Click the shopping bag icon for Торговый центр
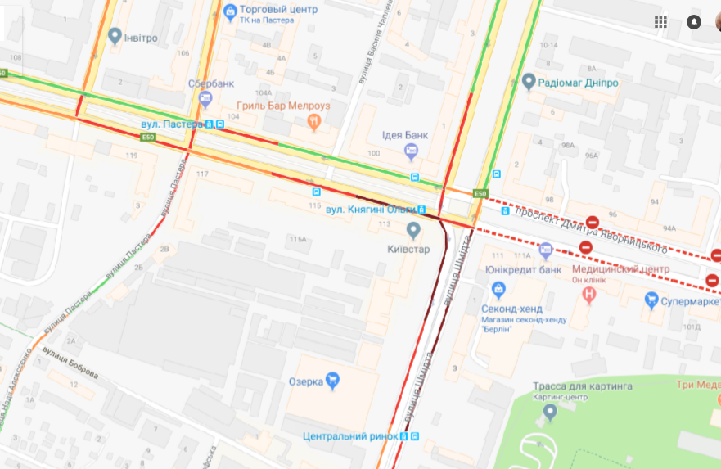(x=230, y=11)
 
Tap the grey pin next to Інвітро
(x=115, y=36)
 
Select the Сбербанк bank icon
(x=205, y=98)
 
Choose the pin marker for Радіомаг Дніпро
(x=529, y=83)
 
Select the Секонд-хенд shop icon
(x=497, y=288)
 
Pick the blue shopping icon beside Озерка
(x=332, y=381)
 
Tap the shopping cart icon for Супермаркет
(x=651, y=300)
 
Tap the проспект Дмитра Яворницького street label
(x=591, y=229)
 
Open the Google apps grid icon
(x=660, y=22)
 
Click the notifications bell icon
(x=694, y=22)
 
